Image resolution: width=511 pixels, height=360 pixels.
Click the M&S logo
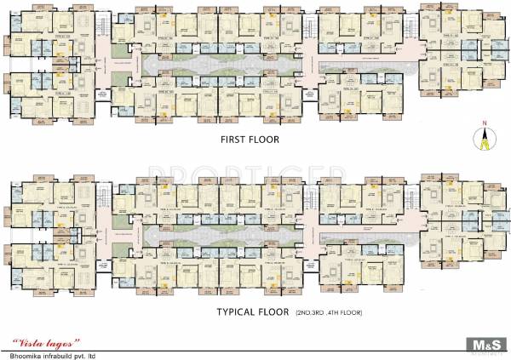[x=484, y=344]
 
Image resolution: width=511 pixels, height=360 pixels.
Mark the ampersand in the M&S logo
[x=484, y=342]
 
